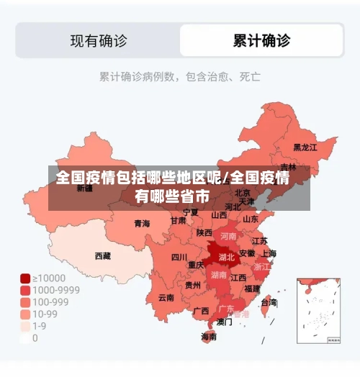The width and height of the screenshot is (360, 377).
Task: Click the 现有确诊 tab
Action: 99,40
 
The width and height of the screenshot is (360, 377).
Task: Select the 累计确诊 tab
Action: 261,40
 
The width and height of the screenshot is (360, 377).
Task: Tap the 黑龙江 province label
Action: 305,147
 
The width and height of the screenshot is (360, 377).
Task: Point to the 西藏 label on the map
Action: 103,255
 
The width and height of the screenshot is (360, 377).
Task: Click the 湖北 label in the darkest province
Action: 226,256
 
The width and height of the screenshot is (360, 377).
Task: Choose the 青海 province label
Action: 142,224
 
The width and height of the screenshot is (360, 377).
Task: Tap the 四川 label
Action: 179,257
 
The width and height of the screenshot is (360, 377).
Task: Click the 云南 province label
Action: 166,297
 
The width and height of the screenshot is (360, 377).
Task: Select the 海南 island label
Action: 209,336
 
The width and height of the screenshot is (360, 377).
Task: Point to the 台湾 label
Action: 269,303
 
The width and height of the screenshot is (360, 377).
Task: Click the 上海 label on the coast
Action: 269,253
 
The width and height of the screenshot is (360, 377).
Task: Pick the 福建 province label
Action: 252,289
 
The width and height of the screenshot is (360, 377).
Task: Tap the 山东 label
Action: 251,219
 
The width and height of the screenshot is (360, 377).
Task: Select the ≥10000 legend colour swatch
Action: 25,278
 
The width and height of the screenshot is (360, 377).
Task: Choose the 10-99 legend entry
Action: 45,314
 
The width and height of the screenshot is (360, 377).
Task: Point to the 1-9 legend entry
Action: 40,326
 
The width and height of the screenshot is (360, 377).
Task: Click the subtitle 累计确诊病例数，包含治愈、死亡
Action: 180,76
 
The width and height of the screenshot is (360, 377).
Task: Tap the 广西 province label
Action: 201,311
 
